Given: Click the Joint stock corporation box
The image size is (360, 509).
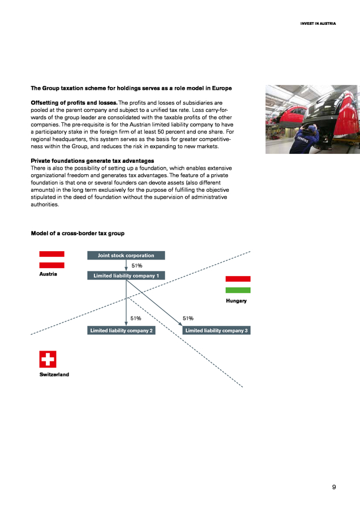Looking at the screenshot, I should pyautogui.click(x=125, y=256).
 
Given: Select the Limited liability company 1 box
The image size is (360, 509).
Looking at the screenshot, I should pyautogui.click(x=125, y=275).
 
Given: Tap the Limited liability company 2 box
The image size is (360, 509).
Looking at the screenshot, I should pyautogui.click(x=122, y=330).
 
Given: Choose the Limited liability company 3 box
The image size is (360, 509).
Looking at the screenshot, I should pyautogui.click(x=217, y=330).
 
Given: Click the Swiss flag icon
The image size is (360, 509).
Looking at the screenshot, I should pyautogui.click(x=48, y=359).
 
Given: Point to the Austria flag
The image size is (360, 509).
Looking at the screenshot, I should pyautogui.click(x=52, y=260).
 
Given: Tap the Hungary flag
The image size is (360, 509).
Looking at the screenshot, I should pyautogui.click(x=238, y=284).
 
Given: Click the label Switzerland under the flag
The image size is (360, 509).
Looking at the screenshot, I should pyautogui.click(x=54, y=375).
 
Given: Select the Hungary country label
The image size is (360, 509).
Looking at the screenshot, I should pyautogui.click(x=236, y=301).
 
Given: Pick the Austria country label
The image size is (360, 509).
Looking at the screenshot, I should pyautogui.click(x=48, y=274).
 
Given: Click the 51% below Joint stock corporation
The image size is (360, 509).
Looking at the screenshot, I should pyautogui.click(x=136, y=265).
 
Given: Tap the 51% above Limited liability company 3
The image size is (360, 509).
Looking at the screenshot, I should pyautogui.click(x=188, y=318).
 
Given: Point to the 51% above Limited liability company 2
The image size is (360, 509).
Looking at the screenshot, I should pyautogui.click(x=136, y=318).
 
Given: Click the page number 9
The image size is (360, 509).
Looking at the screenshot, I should pyautogui.click(x=334, y=486).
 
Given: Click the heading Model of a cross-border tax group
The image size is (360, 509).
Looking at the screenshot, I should pyautogui.click(x=78, y=234).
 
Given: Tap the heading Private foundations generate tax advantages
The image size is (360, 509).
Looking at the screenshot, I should pyautogui.click(x=92, y=161).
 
